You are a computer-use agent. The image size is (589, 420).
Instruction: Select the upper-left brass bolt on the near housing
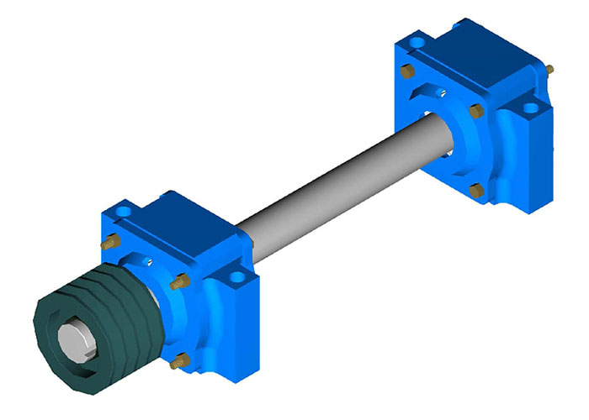(108, 244)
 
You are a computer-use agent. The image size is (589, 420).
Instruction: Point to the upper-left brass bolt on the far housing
(407, 71)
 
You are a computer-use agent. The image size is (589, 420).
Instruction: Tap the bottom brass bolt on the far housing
(475, 192)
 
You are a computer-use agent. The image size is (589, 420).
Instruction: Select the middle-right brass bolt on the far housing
(475, 110)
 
